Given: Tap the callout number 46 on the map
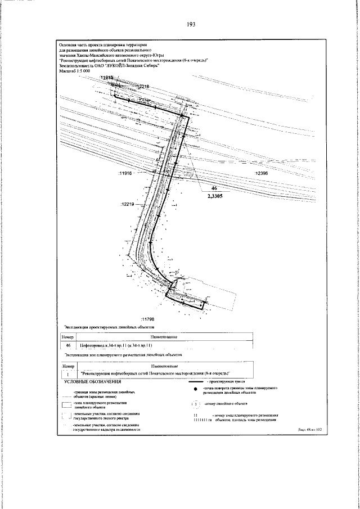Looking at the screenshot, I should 213,189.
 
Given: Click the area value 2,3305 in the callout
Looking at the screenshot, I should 214,196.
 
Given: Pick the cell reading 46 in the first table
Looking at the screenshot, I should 67,345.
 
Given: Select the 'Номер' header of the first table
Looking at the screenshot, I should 67,336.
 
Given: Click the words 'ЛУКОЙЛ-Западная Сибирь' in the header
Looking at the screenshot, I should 130,66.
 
